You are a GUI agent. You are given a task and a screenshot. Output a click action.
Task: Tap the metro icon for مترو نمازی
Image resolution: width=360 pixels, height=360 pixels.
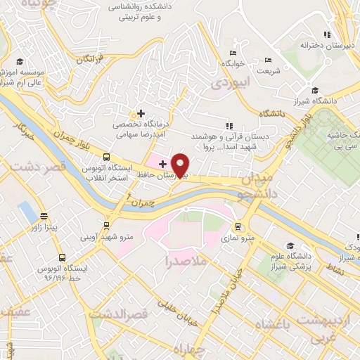238,227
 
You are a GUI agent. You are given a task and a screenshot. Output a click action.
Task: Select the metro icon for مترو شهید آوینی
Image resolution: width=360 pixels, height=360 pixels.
106,226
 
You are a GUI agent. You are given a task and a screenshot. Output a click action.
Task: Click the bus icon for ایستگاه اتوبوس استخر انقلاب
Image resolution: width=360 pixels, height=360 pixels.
106,157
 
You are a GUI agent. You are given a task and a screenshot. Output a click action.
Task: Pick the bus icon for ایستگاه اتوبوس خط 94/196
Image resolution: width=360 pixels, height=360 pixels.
63,258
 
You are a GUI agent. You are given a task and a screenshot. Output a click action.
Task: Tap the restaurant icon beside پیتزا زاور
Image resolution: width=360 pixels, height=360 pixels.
44,216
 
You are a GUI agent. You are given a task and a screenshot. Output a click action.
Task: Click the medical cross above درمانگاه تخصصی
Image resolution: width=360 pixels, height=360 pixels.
141,113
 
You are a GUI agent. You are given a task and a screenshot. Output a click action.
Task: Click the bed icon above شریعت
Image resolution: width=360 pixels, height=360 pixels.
266,60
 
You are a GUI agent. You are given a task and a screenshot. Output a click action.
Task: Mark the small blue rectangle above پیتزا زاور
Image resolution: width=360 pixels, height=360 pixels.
27,210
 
